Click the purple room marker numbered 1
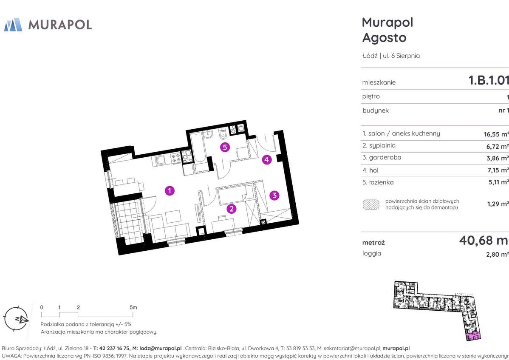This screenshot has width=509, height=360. (170, 190)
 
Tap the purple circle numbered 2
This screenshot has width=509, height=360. (232, 209)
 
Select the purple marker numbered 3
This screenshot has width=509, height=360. (274, 195)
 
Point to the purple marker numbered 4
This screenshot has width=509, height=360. (267, 159)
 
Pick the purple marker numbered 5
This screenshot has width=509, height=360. (225, 147)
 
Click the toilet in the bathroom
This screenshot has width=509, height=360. (222, 133)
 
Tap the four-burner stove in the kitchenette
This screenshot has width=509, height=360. (176, 158)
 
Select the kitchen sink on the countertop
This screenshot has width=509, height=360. (160, 160)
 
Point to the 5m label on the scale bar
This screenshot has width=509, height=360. (133, 307)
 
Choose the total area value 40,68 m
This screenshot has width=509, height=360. (484, 240)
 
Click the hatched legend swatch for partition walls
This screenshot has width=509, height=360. (371, 204)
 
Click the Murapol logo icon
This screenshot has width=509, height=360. (13, 25)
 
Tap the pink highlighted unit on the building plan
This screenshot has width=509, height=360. (473, 337)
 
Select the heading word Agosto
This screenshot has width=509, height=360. (385, 38)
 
